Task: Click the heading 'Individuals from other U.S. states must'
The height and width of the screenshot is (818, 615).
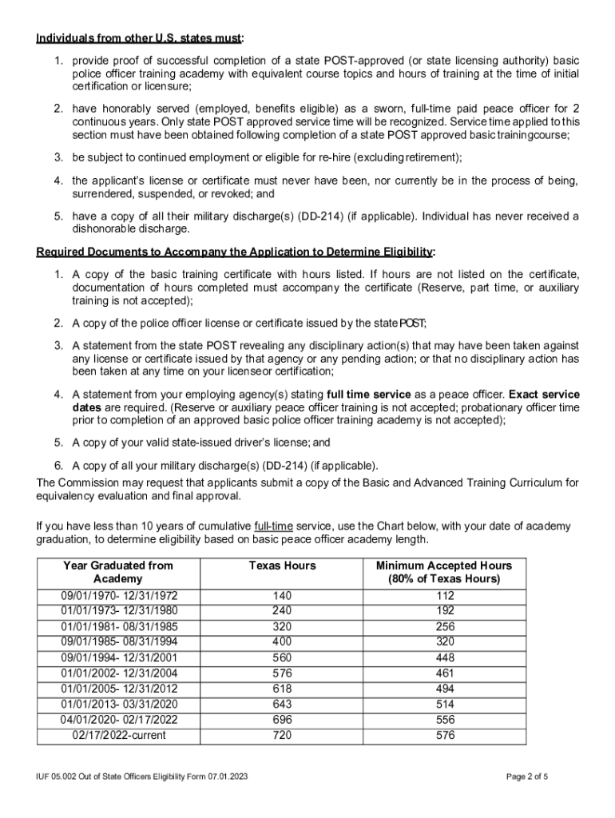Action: tap(140, 38)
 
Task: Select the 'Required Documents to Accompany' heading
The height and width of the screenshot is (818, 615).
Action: tap(236, 252)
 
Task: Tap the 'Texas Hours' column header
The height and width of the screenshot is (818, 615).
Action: tap(282, 566)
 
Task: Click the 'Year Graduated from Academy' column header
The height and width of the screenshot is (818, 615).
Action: tap(118, 572)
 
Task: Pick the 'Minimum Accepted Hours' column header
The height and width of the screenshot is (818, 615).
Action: tap(443, 572)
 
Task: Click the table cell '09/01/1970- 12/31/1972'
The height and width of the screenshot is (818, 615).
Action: tap(119, 596)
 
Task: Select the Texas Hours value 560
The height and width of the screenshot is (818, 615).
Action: tap(282, 657)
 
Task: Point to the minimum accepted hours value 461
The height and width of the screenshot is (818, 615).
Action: tap(445, 673)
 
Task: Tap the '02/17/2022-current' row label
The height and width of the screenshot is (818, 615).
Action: tap(119, 734)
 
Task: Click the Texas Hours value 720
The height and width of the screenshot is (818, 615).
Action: tap(282, 734)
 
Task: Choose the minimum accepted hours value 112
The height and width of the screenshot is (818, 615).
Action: tap(445, 596)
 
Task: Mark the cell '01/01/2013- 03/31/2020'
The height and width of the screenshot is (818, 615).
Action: tap(119, 704)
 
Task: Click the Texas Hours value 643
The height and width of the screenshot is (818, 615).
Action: tap(282, 704)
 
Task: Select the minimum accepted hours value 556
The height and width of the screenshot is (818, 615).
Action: tap(445, 719)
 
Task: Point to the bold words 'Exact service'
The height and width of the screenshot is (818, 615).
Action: tap(544, 395)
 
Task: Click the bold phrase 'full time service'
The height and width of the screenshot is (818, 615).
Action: tap(369, 395)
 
